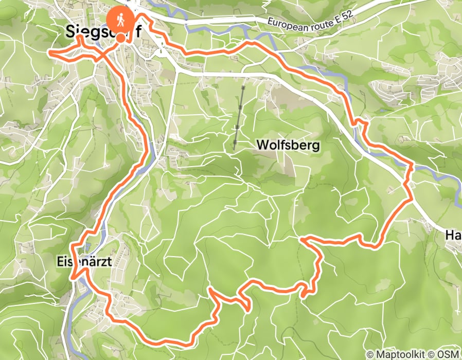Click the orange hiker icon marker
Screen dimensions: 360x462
pyautogui.click(x=120, y=20)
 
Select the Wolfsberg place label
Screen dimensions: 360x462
pyautogui.click(x=288, y=145)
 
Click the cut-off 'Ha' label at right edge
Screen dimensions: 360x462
pyautogui.click(x=453, y=235)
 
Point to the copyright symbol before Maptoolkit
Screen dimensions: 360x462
pyautogui.click(x=370, y=354)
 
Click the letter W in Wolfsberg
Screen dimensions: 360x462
pyautogui.click(x=262, y=145)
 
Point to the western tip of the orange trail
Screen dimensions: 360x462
pyautogui.click(x=49, y=52)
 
